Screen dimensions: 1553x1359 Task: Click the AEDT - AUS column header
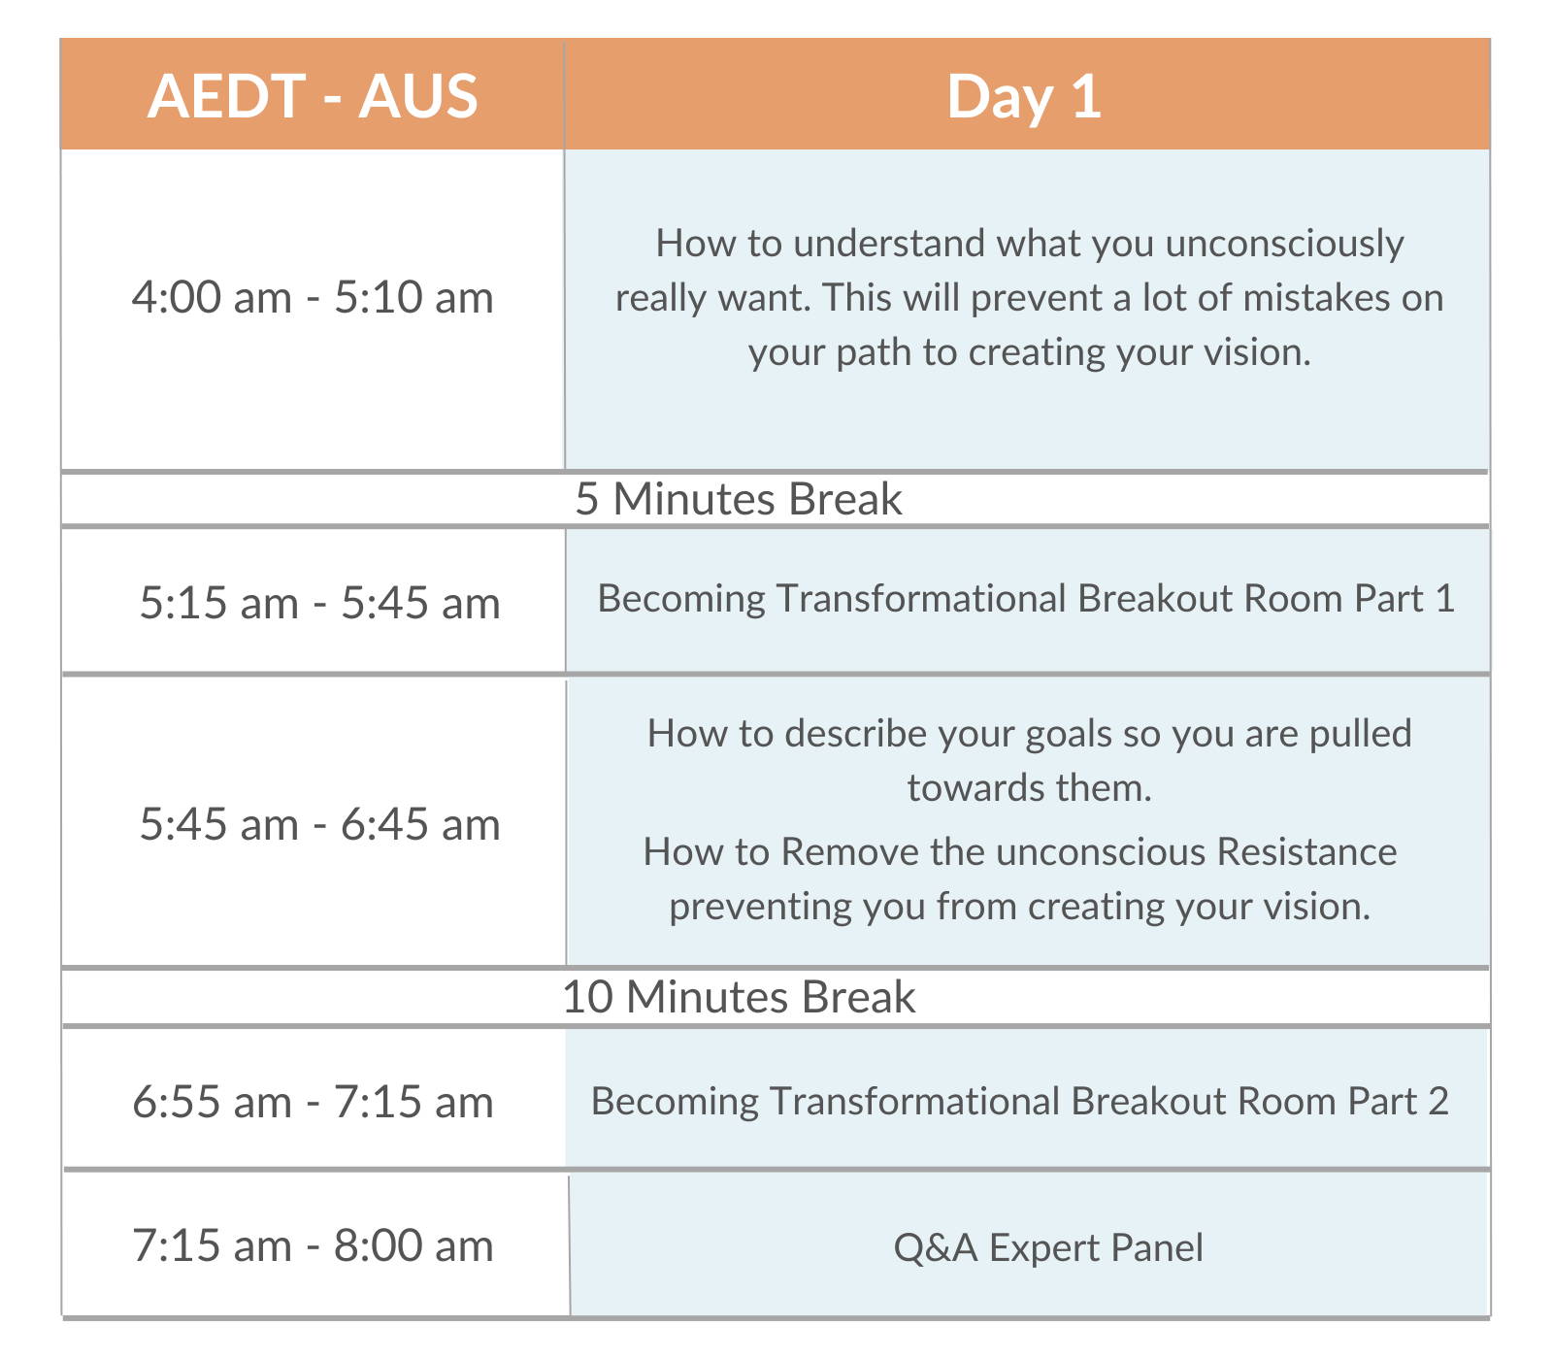pos(313,96)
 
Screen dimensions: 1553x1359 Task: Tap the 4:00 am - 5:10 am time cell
pos(313,297)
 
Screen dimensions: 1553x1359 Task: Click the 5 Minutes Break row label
pos(739,499)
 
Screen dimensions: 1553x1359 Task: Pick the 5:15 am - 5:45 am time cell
pos(319,603)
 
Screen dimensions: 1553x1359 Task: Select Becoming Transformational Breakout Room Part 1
pos(1026,598)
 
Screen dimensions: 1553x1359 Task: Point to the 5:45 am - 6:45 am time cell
pos(319,824)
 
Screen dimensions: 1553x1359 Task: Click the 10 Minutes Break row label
pos(739,997)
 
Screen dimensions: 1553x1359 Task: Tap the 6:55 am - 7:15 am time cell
pos(313,1102)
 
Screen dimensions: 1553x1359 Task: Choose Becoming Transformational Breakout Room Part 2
pos(1020,1101)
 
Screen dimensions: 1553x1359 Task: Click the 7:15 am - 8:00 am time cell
pos(313,1245)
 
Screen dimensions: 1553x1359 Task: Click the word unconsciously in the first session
pos(1284,244)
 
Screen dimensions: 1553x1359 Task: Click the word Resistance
pos(1306,851)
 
